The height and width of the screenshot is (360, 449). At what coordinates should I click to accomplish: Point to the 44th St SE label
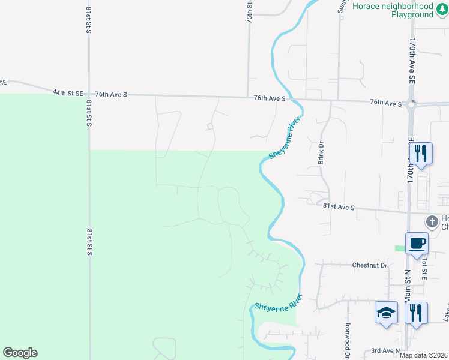point(67,93)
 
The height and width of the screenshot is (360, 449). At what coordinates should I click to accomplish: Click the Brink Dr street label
point(321,153)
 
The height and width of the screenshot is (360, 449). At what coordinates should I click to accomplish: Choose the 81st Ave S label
point(339,206)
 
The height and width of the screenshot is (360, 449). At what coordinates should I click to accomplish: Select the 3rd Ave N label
point(384,351)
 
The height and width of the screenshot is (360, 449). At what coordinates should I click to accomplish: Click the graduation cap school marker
point(387,313)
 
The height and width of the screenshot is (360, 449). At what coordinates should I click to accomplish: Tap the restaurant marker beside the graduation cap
point(416,313)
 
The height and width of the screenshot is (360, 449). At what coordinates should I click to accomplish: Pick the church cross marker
point(431,221)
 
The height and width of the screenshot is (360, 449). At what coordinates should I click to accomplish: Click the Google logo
point(20,353)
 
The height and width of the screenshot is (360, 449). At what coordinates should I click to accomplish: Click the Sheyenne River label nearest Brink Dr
point(284,137)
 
